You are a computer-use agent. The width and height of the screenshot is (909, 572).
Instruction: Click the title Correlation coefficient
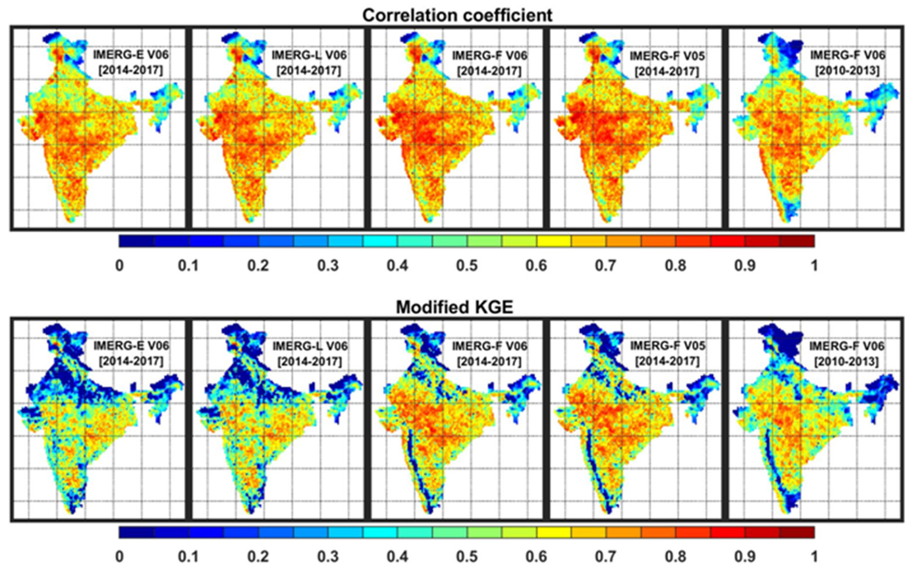[457, 15]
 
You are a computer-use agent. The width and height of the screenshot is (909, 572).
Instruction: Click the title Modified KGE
[454, 307]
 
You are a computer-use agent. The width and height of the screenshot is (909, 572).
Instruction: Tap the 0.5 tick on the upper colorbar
[467, 265]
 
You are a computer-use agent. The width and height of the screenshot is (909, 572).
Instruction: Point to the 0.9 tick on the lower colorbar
[745, 556]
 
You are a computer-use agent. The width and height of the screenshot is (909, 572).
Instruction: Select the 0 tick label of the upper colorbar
[119, 265]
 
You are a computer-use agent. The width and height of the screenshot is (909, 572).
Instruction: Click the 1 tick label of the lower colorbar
[814, 556]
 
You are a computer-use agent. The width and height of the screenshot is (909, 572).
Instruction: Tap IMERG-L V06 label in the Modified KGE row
[310, 346]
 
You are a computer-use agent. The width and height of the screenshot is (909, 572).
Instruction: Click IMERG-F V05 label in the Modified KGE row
[667, 346]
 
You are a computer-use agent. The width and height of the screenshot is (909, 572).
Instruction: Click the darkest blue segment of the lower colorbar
[136, 532]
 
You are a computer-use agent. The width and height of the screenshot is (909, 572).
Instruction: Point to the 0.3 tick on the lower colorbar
[328, 556]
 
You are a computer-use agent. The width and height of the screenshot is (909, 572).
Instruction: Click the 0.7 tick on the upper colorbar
[606, 265]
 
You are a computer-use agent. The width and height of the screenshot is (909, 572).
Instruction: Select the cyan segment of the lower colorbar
[380, 532]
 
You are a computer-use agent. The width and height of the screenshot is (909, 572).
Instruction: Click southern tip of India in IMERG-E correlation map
[70, 219]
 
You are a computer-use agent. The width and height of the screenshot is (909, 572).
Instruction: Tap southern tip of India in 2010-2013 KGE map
[787, 511]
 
